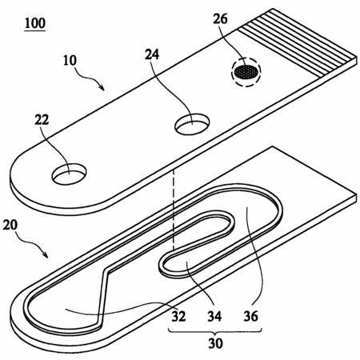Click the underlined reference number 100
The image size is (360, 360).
(35, 23)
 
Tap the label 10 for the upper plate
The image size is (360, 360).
(70, 60)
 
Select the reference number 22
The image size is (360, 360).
(42, 120)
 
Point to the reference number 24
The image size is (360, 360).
(152, 54)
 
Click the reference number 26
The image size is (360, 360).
(220, 18)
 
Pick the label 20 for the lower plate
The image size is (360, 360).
(10, 225)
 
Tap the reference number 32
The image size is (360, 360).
(178, 316)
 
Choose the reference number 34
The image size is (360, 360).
(214, 316)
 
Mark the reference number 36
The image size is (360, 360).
(250, 316)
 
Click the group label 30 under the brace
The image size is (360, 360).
(215, 343)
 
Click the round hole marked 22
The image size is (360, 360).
(70, 174)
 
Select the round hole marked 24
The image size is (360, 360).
(192, 124)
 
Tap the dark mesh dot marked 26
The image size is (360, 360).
(246, 72)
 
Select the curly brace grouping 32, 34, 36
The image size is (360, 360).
(215, 331)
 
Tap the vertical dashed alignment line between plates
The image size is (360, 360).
(174, 210)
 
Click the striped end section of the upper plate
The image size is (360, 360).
(297, 42)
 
